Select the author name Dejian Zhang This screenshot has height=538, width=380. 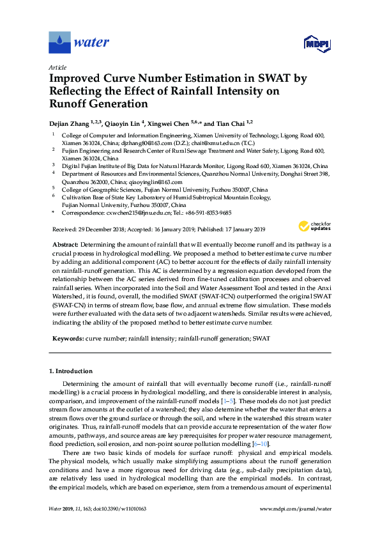[72, 123]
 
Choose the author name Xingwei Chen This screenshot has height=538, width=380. [179, 123]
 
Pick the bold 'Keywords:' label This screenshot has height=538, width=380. [67, 337]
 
